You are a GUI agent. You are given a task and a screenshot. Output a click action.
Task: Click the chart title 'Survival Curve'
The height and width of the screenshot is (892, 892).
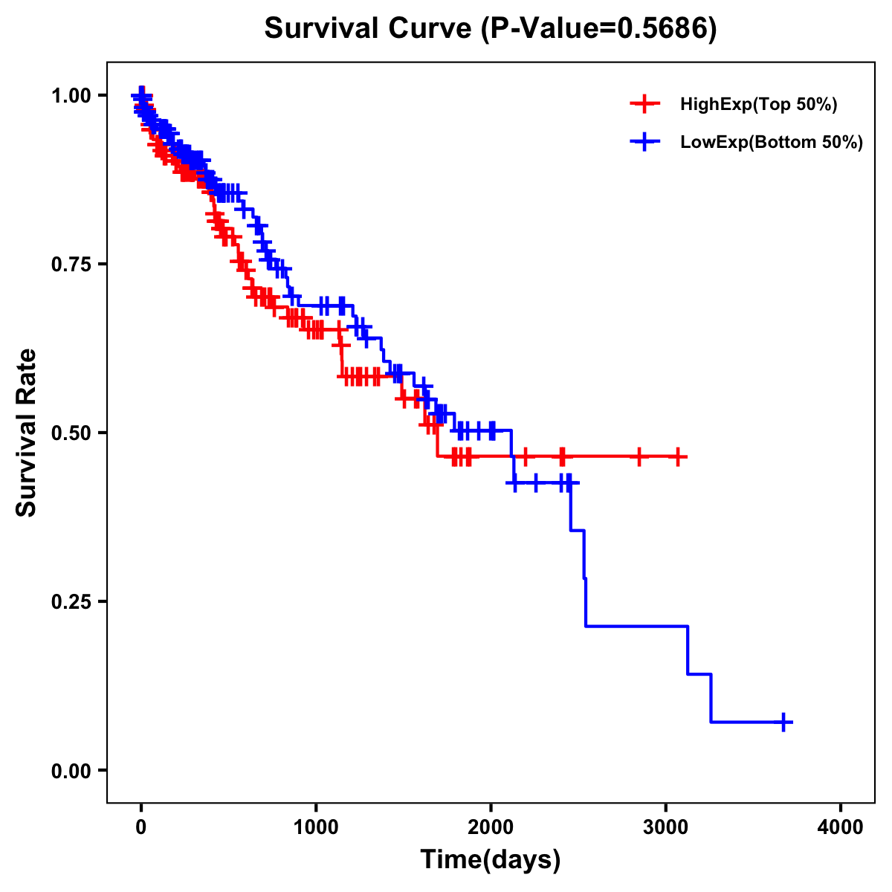368,30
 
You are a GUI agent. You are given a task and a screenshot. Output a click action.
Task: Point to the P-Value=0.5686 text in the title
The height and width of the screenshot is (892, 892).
598,30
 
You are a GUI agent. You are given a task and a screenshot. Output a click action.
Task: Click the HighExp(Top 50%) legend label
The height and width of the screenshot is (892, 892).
758,105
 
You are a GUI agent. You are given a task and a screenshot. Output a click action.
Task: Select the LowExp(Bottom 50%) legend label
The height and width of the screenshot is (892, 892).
772,143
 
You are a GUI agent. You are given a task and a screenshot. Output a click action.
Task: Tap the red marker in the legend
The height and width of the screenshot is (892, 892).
644,105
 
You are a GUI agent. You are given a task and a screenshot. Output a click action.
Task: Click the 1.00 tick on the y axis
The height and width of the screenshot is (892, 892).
71,96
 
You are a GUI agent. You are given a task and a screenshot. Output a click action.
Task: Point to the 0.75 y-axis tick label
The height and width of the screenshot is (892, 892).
71,265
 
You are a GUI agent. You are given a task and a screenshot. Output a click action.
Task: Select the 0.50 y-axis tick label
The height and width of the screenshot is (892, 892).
71,433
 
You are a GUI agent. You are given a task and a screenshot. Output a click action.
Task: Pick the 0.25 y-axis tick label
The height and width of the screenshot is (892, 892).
71,602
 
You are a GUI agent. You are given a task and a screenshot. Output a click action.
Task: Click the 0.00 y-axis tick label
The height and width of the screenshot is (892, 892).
71,771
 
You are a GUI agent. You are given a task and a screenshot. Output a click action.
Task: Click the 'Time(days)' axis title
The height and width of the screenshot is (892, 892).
491,860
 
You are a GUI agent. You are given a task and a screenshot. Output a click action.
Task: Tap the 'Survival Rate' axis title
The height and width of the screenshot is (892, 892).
27,433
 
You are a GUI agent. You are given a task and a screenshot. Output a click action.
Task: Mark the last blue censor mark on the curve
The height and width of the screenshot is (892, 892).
783,722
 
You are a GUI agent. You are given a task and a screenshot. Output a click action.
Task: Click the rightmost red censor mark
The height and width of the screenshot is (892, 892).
678,456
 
